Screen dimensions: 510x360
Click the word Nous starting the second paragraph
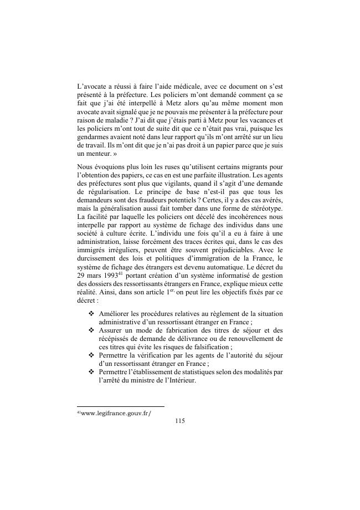click(x=86, y=166)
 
